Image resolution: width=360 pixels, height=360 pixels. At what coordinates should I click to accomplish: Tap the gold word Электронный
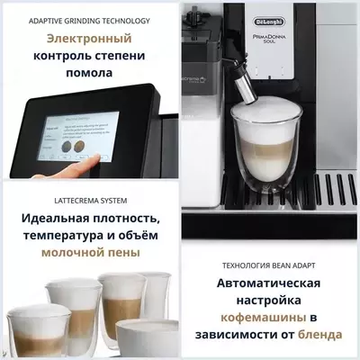88,40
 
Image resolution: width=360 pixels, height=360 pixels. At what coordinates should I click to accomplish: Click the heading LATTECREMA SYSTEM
88,200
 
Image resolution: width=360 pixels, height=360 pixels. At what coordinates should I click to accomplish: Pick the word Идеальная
63,219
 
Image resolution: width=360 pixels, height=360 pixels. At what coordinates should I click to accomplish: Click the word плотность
135,219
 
